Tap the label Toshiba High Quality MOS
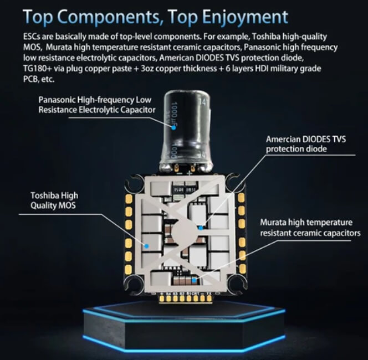pos(54,200)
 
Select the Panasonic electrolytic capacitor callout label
pos(97,105)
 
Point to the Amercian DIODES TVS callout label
pos(306,144)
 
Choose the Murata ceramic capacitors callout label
pos(310,228)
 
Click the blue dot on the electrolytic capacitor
pos(173,128)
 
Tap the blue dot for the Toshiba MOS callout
pos(147,246)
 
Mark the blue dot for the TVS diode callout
pos(201,228)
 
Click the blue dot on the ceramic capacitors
pos(194,280)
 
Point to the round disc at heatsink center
pos(185,232)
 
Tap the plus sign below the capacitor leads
pos(190,174)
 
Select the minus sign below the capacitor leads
pos(179,174)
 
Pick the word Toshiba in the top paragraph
pos(266,37)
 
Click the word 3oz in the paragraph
pos(147,69)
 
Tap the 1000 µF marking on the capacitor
pos(175,111)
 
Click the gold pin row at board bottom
pos(186,298)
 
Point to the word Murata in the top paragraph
pos(59,47)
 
